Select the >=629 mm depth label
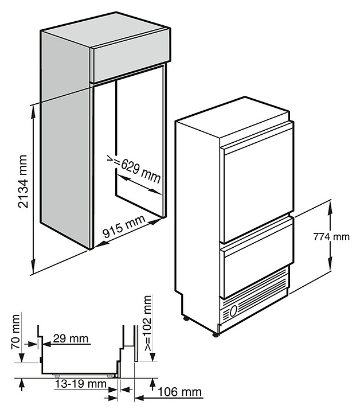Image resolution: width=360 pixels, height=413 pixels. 134,169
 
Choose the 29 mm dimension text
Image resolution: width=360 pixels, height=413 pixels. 71,339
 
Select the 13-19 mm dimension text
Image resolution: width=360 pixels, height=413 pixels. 81,383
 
